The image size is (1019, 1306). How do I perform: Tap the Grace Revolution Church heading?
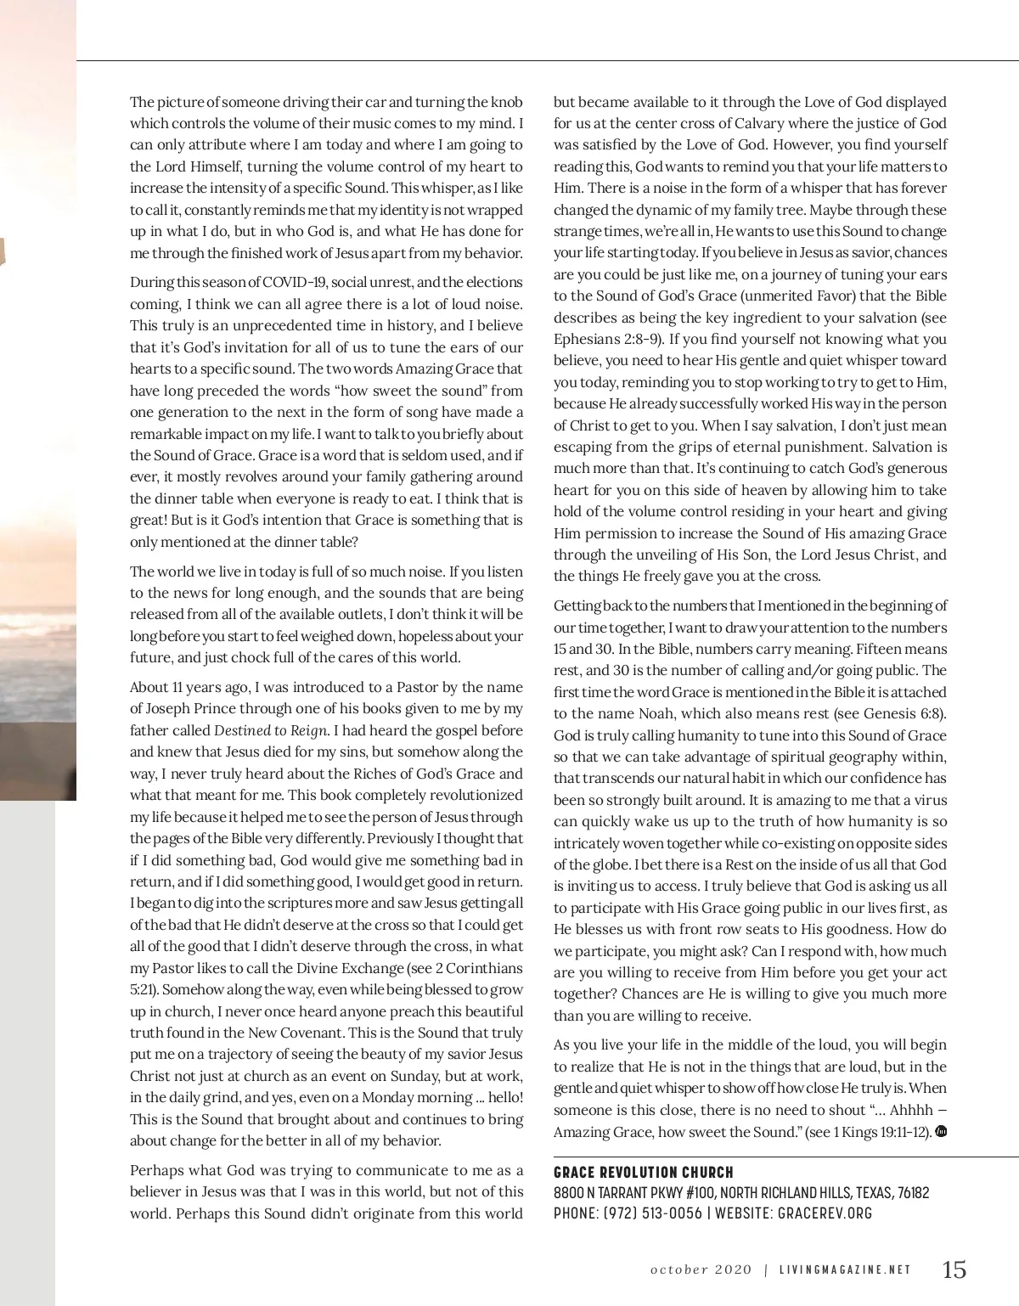tap(644, 1173)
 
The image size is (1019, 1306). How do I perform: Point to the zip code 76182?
tap(908, 1193)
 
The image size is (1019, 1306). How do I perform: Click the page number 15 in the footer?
tap(954, 1269)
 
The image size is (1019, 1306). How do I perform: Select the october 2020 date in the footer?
tap(701, 1270)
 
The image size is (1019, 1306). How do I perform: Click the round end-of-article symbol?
tap(941, 1131)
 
